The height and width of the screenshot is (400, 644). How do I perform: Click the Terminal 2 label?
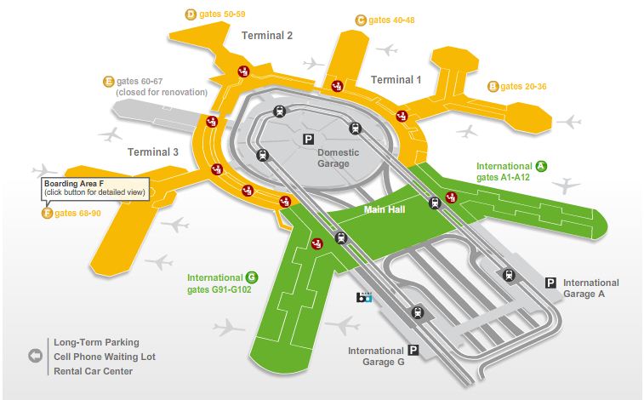(x=267, y=36)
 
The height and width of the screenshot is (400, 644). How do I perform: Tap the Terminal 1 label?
(x=396, y=80)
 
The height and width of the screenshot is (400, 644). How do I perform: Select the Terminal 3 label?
(x=153, y=152)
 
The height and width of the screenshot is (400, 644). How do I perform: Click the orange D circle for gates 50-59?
(x=190, y=14)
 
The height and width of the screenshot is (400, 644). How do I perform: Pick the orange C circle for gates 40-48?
(x=361, y=20)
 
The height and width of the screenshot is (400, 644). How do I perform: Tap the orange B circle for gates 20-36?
(x=493, y=86)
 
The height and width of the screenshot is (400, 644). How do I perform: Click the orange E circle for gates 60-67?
(x=108, y=82)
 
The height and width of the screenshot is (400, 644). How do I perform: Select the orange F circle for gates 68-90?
(x=47, y=213)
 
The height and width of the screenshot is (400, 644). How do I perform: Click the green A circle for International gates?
(x=540, y=166)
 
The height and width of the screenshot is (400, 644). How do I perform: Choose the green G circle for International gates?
(x=251, y=277)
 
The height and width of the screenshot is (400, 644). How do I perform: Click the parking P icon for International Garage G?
(x=413, y=350)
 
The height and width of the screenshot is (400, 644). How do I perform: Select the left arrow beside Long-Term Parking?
(x=35, y=356)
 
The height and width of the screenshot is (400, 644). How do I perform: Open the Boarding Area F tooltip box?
(x=95, y=188)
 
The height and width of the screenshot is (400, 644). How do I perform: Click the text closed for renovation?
(x=161, y=92)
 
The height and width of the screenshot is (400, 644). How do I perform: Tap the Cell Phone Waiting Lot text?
(x=105, y=357)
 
